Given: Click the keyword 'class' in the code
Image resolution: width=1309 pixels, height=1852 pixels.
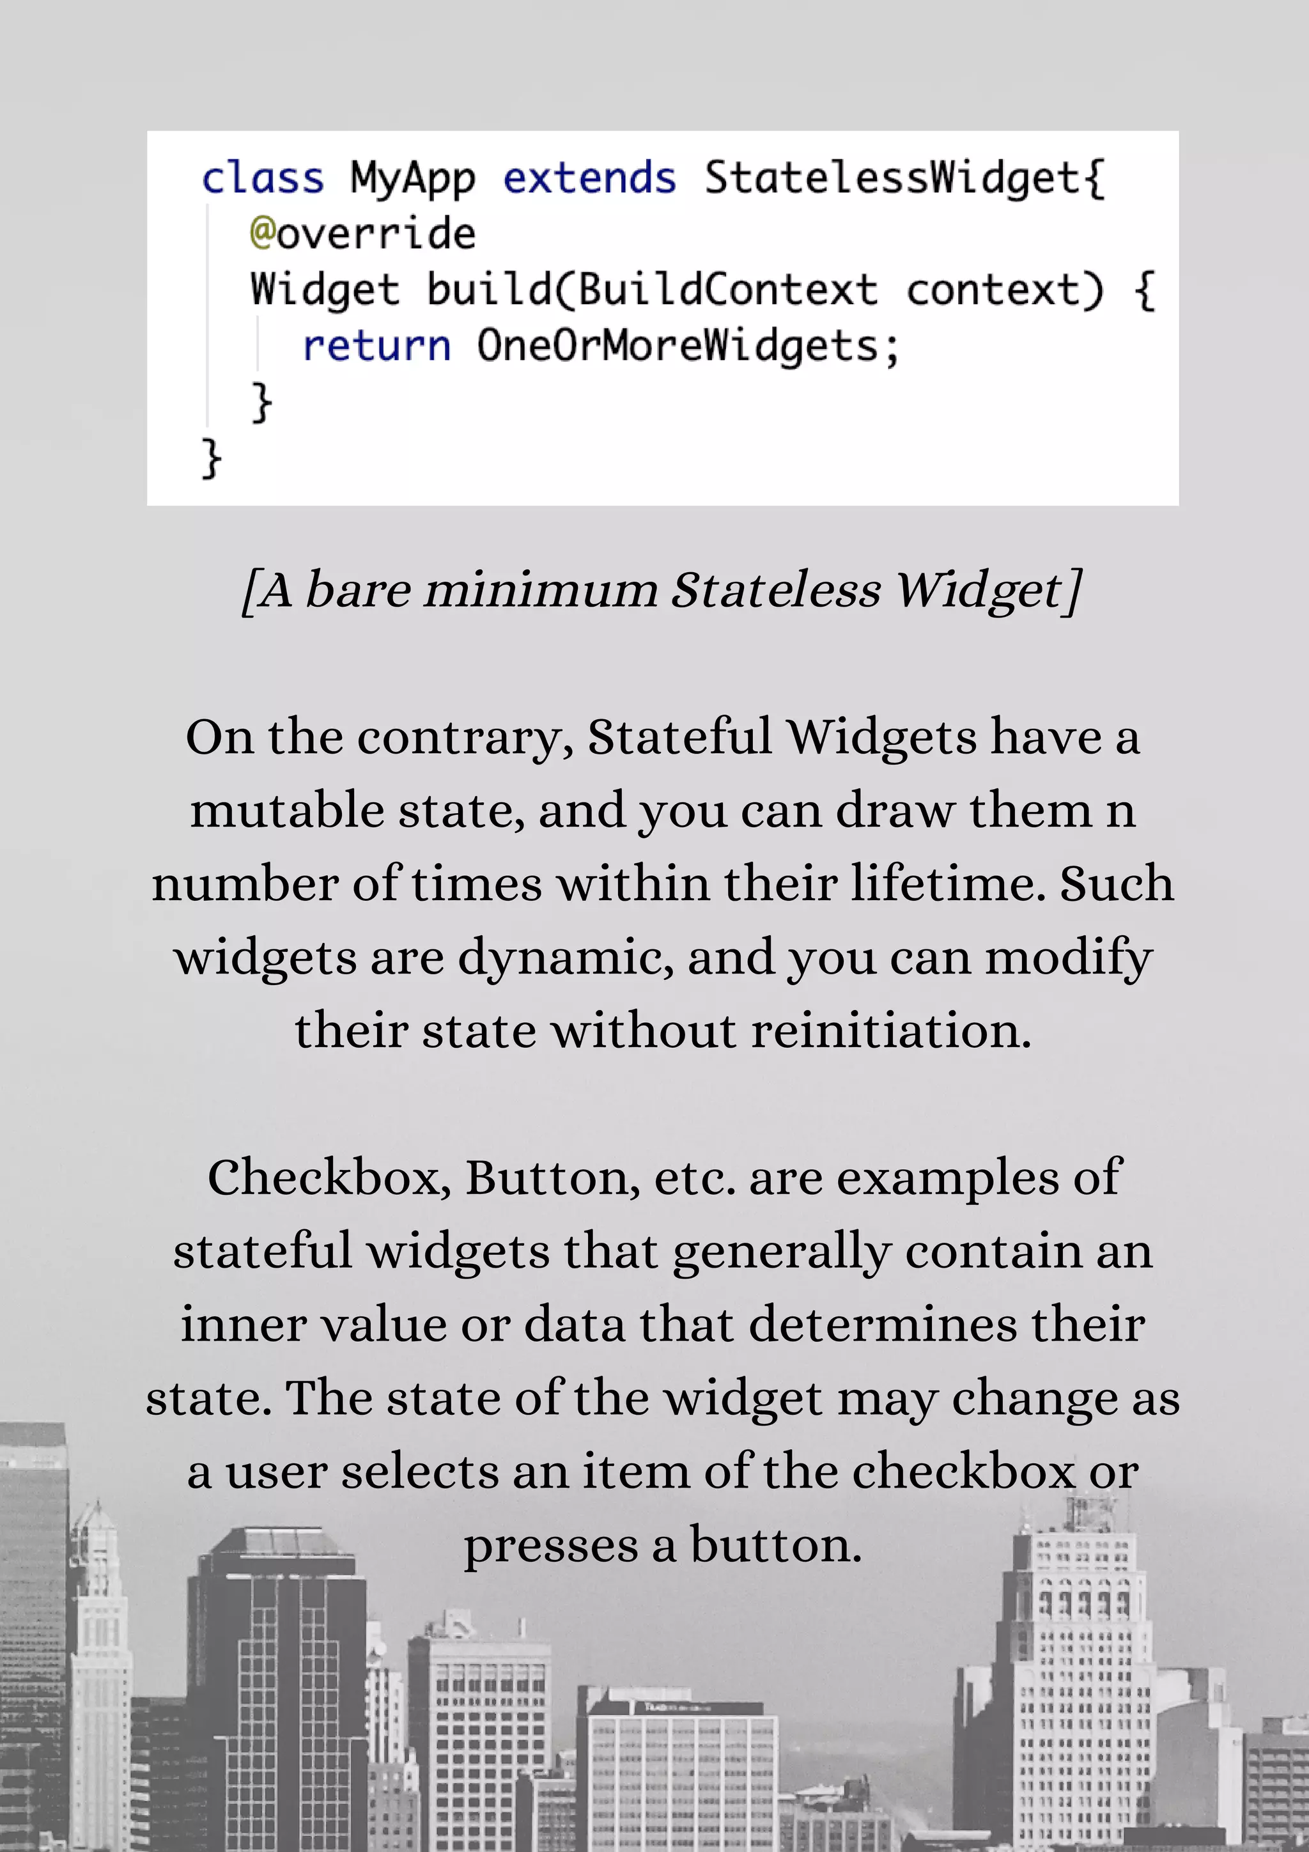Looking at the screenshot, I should click(x=262, y=178).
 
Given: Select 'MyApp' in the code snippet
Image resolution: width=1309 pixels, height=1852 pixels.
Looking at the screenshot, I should click(x=412, y=179).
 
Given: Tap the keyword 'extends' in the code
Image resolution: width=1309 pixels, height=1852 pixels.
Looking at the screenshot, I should click(x=589, y=178).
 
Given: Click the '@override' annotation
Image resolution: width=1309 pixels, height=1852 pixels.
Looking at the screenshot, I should click(x=362, y=234).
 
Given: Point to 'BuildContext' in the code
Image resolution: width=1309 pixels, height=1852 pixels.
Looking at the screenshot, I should click(x=727, y=290).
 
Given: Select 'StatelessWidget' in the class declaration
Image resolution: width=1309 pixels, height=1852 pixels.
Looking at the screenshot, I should click(x=892, y=178).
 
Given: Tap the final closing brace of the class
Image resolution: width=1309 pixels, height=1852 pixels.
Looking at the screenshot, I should click(x=210, y=458).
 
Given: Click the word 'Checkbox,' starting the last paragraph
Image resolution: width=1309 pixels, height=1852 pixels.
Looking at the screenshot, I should click(x=329, y=1178).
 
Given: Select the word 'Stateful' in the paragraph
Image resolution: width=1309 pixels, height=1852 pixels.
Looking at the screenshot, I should click(x=679, y=737).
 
